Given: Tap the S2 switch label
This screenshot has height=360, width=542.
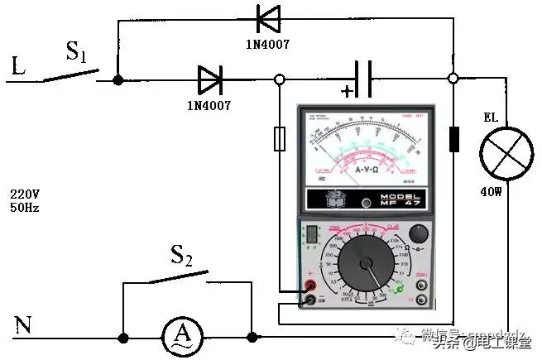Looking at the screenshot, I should click(181, 256).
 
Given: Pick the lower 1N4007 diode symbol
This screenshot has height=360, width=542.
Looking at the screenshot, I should click(210, 80).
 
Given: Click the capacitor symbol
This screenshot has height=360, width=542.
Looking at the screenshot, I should click(362, 79).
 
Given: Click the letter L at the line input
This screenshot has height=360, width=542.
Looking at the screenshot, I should click(18, 66).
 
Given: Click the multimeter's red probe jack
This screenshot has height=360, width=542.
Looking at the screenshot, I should click(310, 286).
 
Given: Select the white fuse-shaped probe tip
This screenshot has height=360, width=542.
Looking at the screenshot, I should click(280, 139).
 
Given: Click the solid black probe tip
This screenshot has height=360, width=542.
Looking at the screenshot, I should click(453, 139).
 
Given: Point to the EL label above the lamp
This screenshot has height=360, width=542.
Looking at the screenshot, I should click(491, 118).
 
